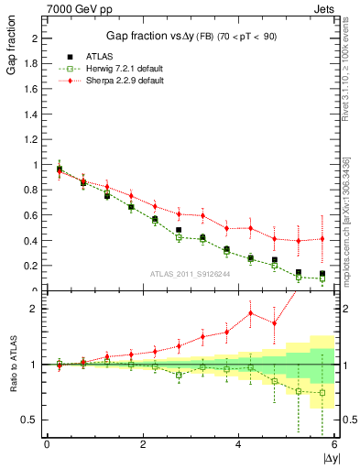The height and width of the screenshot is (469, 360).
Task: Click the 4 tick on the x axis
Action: coord(238,444)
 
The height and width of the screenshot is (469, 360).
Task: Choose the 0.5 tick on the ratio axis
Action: coord(30,420)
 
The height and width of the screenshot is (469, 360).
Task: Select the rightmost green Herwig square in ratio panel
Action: coord(322,393)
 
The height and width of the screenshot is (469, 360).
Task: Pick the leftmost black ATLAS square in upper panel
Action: coord(60,169)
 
